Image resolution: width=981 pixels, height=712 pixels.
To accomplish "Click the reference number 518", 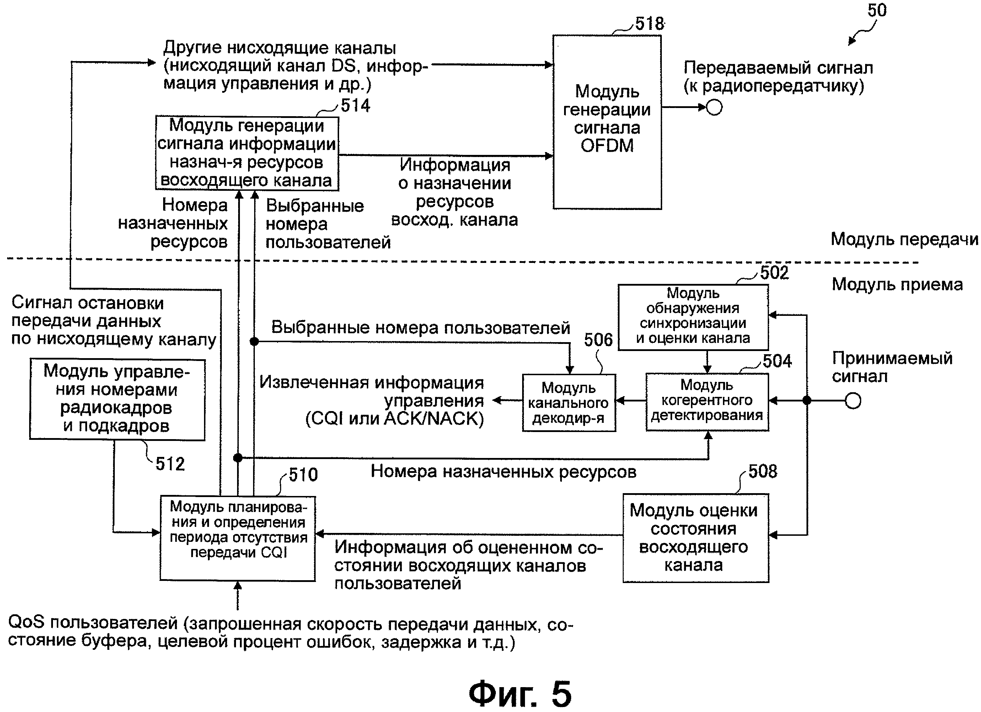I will pos(649,23).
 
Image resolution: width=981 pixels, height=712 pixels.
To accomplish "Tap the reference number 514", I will pos(355,106).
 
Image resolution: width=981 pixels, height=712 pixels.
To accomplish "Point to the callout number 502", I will pos(774,273).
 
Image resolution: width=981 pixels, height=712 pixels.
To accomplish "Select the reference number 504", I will pos(777,361).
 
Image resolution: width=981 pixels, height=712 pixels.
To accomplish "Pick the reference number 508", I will pos(762,471).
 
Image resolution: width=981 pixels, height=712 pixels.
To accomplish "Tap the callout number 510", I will pos(303,475).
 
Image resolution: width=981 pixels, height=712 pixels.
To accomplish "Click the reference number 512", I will pos(170,464).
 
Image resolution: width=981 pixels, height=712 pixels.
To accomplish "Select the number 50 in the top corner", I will pos(877,10).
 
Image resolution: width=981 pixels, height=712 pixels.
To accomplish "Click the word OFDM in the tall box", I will pos(607,146).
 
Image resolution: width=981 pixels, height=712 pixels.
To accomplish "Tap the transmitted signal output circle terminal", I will pos(714,107).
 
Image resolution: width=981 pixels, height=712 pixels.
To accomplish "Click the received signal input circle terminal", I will pos(853,401).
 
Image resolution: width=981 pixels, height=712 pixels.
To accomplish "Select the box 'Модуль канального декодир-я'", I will pos(569,403).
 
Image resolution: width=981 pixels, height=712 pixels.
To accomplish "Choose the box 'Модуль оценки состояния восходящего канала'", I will pos(696,538).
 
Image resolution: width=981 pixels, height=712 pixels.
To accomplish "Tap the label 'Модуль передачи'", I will pos(904,239).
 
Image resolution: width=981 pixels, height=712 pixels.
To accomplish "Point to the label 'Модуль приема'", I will pos(897,285).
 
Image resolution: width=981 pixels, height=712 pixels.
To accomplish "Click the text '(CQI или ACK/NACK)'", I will pos(395,419).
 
